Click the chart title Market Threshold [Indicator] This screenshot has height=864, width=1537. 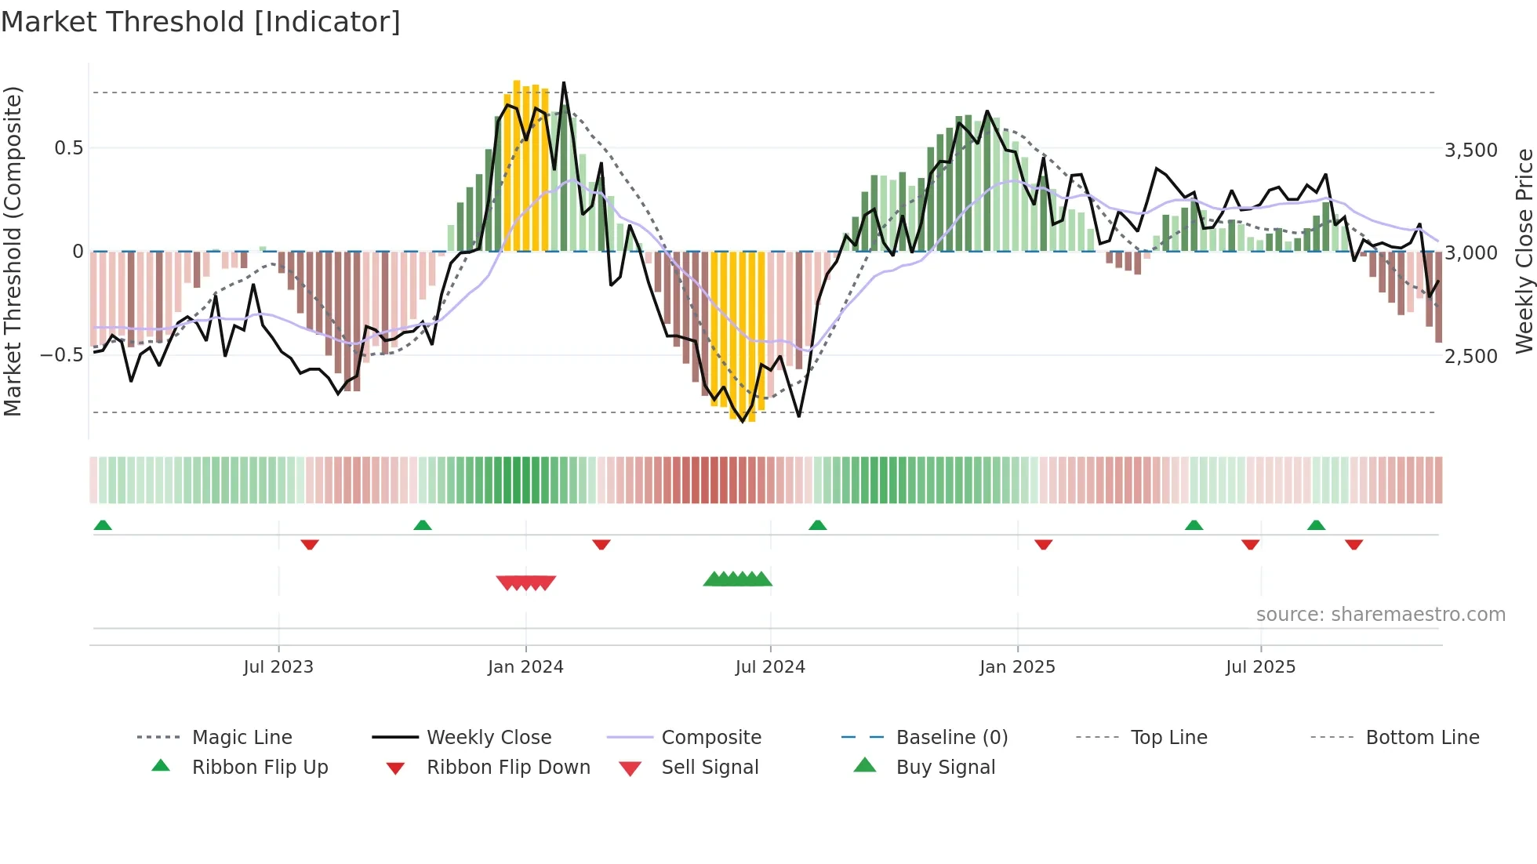(x=201, y=22)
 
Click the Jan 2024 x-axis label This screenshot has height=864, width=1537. (x=525, y=667)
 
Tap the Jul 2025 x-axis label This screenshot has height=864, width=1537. (x=1260, y=667)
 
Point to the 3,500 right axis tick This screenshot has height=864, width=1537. (x=1470, y=151)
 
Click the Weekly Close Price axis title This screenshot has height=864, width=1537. (x=1524, y=251)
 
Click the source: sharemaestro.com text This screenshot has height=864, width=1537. (x=1380, y=615)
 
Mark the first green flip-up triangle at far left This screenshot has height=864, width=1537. (x=103, y=525)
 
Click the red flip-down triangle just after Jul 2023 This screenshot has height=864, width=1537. (x=310, y=544)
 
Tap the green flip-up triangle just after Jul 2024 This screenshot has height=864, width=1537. (x=818, y=525)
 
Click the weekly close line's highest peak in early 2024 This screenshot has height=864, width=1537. (x=564, y=83)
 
